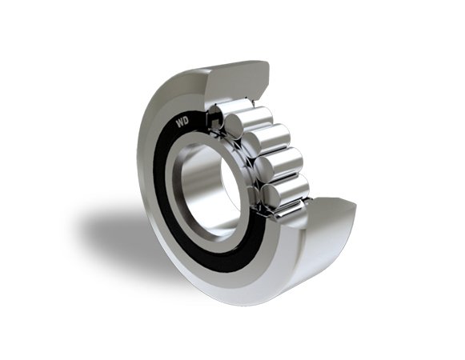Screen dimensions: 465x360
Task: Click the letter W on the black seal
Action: coord(180,122)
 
